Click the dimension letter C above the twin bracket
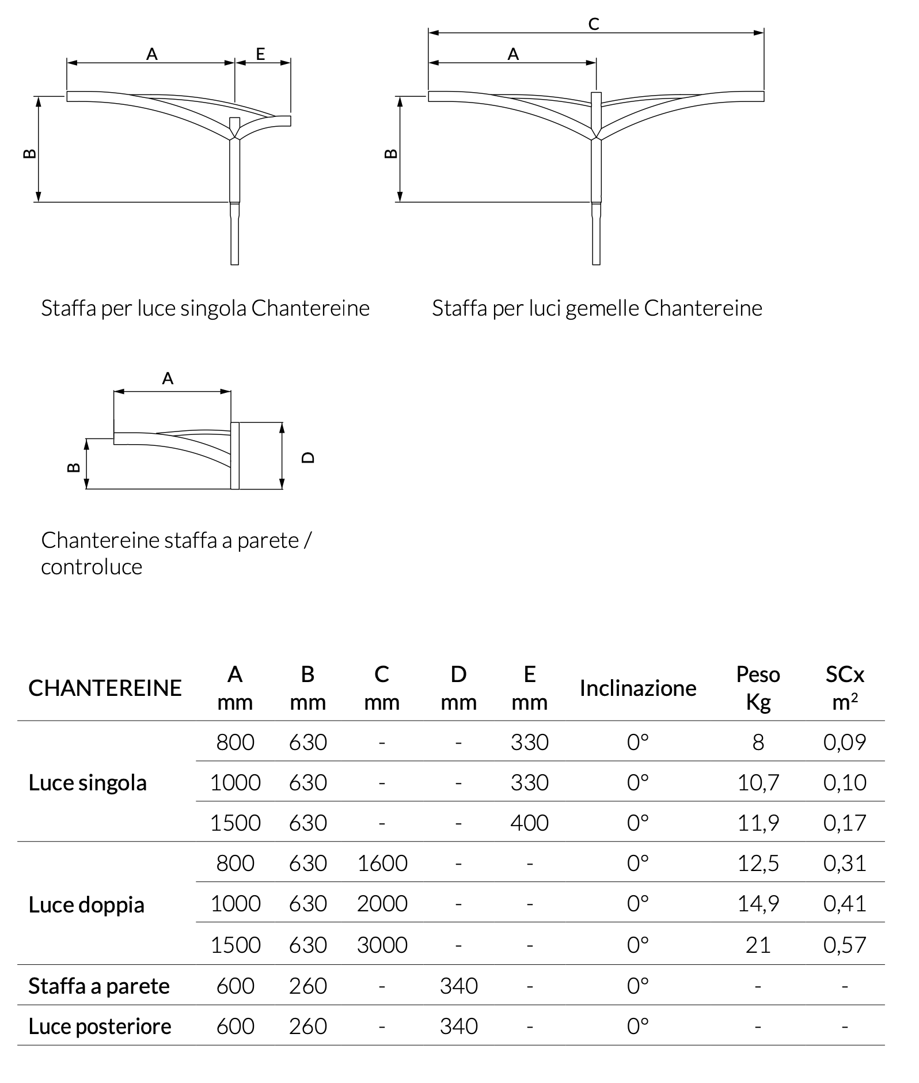point(594,24)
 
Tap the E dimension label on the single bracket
point(260,54)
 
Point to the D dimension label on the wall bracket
point(308,457)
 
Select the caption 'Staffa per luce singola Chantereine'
point(205,308)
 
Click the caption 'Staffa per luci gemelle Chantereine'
point(597,308)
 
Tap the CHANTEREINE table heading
point(105,688)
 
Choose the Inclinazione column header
point(638,688)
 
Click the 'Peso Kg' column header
point(758,688)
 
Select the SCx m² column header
point(845,688)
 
